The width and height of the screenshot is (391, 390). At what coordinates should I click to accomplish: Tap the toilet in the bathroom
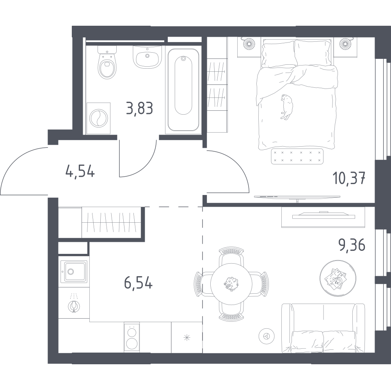click(107, 62)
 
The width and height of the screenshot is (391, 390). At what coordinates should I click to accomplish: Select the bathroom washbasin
click(147, 57)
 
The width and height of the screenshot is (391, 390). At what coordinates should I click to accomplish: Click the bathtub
click(183, 90)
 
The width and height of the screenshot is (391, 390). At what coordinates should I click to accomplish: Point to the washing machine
click(98, 118)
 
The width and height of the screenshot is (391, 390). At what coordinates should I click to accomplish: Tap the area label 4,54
click(80, 172)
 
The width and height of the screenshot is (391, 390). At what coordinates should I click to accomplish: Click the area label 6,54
click(138, 283)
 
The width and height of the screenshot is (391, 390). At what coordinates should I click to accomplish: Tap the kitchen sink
click(74, 271)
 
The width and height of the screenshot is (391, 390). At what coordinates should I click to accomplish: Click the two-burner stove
click(132, 338)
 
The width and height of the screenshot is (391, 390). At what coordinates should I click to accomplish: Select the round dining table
click(231, 284)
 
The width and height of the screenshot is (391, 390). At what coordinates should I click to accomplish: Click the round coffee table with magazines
click(338, 278)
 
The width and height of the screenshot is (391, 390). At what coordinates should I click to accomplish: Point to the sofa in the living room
click(323, 328)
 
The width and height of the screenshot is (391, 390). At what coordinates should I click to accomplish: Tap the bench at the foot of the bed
click(297, 156)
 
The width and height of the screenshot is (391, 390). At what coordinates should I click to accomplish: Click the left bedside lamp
click(249, 43)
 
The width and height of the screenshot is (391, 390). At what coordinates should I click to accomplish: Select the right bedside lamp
click(345, 43)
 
